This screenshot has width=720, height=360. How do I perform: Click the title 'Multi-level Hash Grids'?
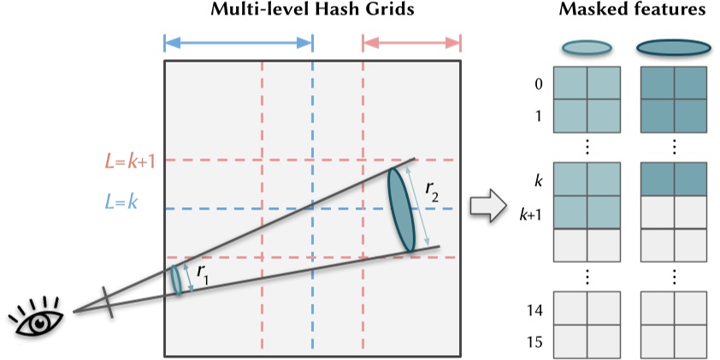[x=312, y=12]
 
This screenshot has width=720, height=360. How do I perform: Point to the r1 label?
[x=203, y=272]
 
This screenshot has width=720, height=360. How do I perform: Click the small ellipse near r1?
[x=177, y=280]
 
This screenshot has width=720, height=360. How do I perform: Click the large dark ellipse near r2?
[x=401, y=210]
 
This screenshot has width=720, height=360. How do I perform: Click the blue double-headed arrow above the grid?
[x=239, y=42]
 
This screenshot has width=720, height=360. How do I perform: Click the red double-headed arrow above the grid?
[x=412, y=42]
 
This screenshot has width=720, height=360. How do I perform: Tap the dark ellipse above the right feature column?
[x=673, y=48]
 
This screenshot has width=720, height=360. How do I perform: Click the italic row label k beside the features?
[x=537, y=181]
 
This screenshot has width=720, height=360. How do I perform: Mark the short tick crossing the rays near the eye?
[x=109, y=302]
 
